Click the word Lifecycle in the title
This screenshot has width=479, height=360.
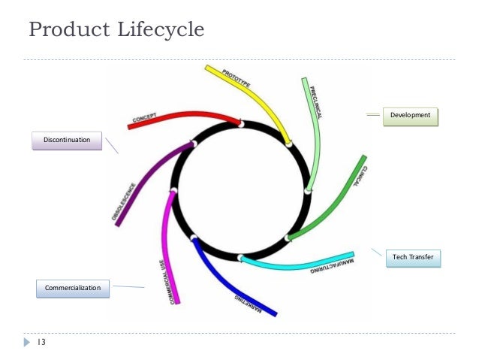click(x=156, y=31)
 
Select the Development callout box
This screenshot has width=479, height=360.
click(x=411, y=115)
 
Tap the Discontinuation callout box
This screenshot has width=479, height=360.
click(x=67, y=141)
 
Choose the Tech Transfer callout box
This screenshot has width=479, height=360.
click(x=413, y=259)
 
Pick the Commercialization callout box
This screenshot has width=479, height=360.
click(x=73, y=287)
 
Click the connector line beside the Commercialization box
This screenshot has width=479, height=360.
click(x=128, y=286)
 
